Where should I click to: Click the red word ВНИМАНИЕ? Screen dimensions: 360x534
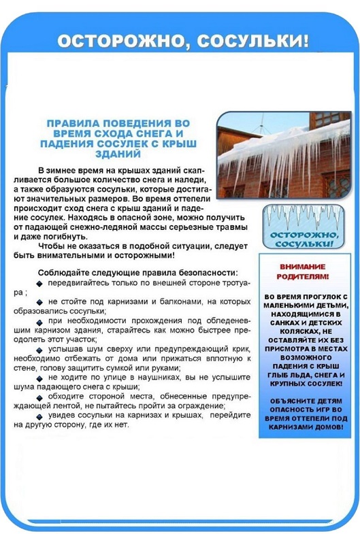tap(303, 267)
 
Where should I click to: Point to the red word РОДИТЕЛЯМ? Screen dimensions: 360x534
tap(303, 277)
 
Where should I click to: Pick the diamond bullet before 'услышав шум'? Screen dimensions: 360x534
tap(42, 348)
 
